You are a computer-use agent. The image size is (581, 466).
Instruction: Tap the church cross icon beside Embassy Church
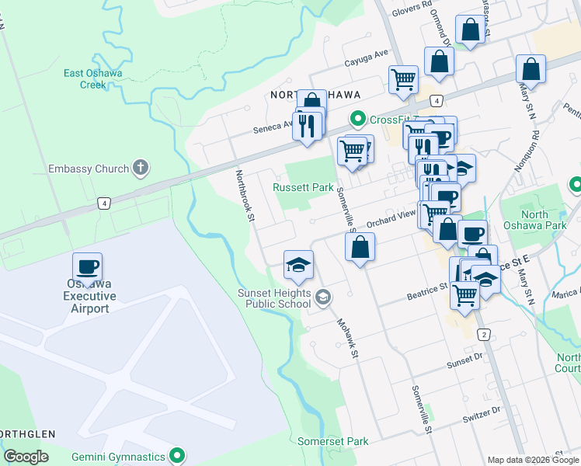141,168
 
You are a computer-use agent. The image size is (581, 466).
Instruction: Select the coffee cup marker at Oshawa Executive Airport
88,267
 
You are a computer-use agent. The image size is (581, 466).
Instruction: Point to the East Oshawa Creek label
92,79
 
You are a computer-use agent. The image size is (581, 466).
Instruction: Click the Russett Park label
302,187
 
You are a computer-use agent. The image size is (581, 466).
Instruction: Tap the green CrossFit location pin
358,119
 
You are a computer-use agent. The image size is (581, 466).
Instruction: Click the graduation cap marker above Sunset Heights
298,266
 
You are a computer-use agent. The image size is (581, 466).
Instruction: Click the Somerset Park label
333,441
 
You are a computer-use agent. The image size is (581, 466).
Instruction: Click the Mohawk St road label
346,339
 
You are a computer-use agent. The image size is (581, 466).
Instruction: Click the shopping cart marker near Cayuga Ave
403,79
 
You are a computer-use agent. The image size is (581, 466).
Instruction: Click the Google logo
26,457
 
